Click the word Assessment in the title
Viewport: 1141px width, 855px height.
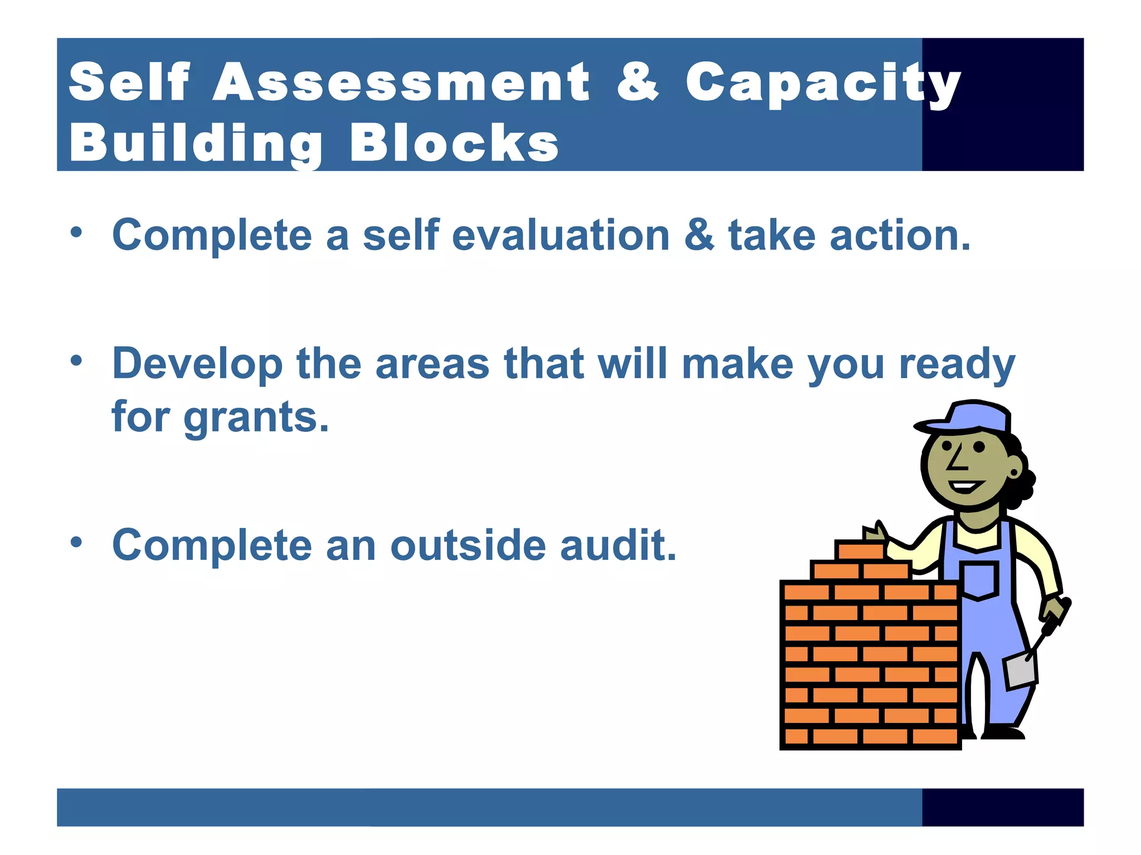401,82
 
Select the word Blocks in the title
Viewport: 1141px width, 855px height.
454,143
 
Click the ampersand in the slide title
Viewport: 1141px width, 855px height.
637,82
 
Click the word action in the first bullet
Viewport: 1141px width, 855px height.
900,235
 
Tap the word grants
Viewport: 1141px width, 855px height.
256,417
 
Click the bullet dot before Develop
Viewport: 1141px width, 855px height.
76,361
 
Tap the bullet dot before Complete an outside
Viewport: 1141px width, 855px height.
76,542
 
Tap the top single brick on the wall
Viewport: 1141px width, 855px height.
861,551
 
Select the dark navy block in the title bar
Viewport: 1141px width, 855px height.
1003,104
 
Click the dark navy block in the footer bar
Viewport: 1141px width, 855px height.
1003,807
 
